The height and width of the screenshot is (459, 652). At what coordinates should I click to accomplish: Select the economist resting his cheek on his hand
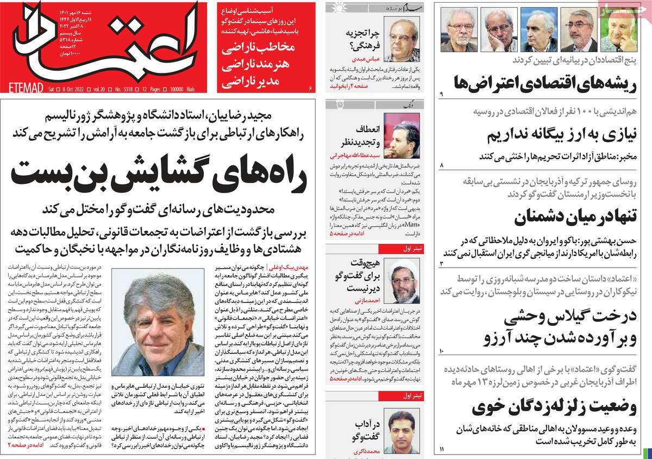click(x=500, y=30)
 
